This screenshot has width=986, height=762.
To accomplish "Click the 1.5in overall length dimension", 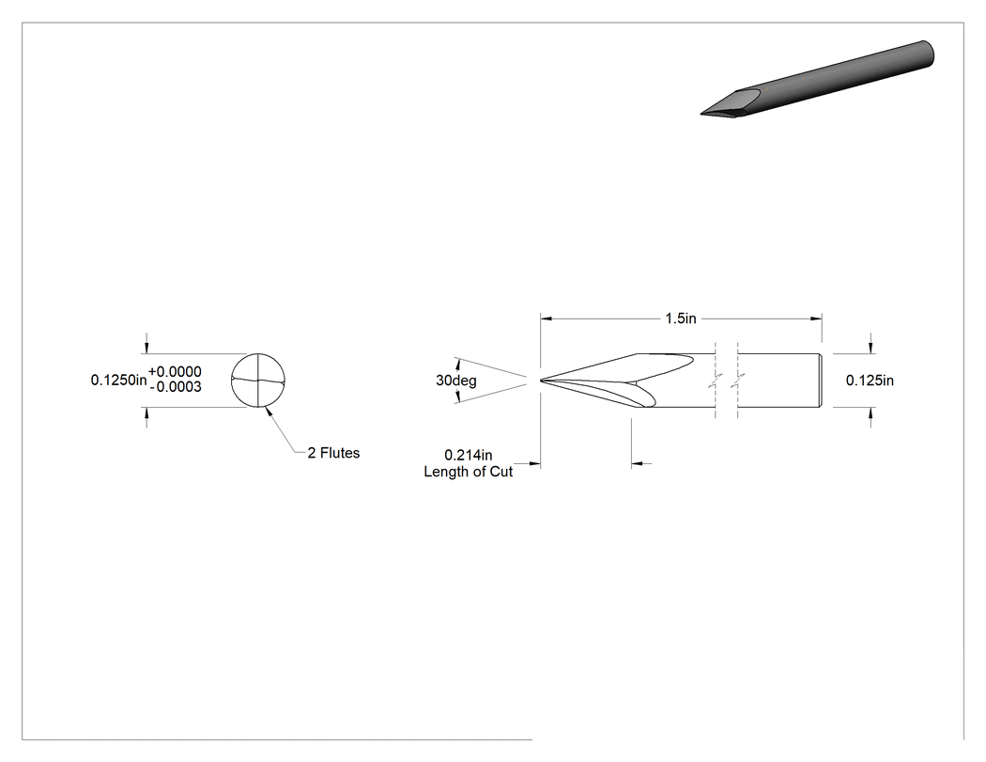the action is point(681,319).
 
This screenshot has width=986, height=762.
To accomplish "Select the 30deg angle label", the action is point(455,381).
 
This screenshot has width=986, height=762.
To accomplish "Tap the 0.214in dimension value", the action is point(469,455).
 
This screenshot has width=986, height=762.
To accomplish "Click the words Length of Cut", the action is point(469,472).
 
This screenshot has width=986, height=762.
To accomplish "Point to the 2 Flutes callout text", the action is point(333,453).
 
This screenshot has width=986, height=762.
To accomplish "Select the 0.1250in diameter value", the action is point(119,380).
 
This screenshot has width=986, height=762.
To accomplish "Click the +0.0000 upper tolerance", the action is point(175,372).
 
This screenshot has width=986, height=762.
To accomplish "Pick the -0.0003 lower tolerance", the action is point(177,387).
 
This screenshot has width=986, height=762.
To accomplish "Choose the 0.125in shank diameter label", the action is point(870,380).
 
